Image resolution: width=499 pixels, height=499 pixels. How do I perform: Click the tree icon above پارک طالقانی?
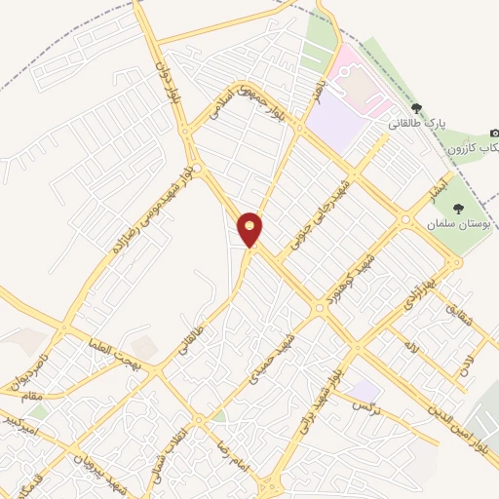point(416,108)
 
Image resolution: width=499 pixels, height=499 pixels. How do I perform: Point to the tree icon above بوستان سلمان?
point(458,208)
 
